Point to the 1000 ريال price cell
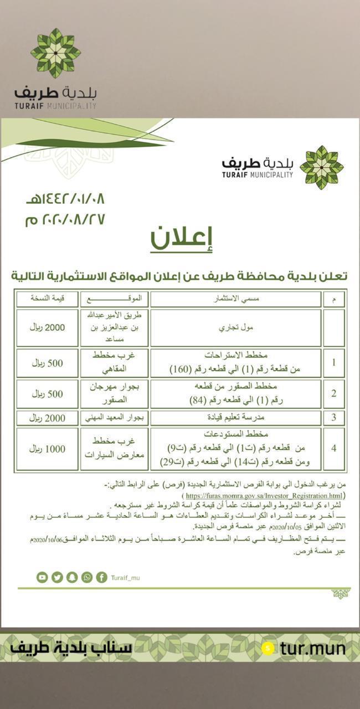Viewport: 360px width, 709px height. pyautogui.click(x=48, y=449)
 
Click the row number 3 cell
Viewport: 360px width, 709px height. pyautogui.click(x=333, y=418)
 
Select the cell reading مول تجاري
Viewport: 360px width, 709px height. pyautogui.click(x=236, y=327)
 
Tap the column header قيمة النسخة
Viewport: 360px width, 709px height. pyautogui.click(x=48, y=299)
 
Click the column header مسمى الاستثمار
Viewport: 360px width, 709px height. pyautogui.click(x=236, y=299)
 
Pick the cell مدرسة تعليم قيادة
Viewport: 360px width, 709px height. pyautogui.click(x=236, y=418)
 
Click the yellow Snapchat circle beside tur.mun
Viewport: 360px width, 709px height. pyautogui.click(x=269, y=648)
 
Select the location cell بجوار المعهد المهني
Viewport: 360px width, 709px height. pyautogui.click(x=114, y=418)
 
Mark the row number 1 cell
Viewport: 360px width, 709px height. pyautogui.click(x=333, y=363)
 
